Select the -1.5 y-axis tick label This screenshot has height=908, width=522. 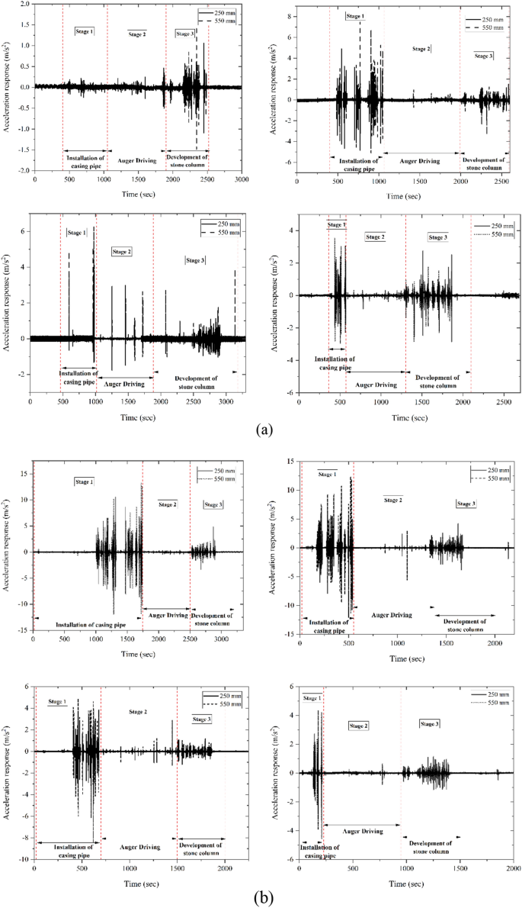pos(22,150)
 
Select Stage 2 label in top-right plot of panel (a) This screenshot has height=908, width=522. pos(421,49)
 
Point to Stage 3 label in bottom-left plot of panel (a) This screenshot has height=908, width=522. pos(196,260)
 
